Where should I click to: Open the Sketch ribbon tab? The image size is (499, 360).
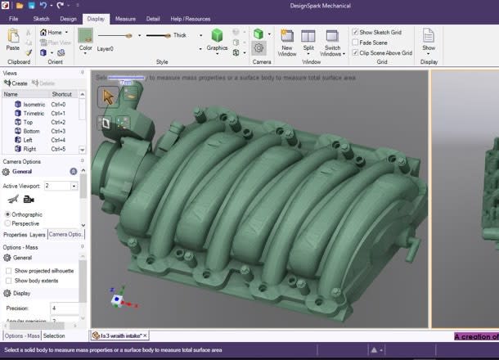click(x=41, y=18)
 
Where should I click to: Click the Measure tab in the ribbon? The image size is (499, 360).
click(x=125, y=18)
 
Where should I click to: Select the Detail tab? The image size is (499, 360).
click(x=153, y=18)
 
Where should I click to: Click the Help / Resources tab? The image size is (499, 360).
click(x=190, y=18)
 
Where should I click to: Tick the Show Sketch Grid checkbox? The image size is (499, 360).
click(x=355, y=32)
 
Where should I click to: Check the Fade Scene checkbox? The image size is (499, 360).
click(x=355, y=42)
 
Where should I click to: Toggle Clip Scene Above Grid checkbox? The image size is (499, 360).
click(x=355, y=52)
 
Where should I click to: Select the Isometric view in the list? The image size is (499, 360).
click(x=34, y=104)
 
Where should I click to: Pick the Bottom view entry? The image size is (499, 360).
click(x=31, y=131)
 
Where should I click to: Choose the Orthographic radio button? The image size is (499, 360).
click(x=8, y=214)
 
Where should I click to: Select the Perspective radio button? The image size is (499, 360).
click(x=8, y=223)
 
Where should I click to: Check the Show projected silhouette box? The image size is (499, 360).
click(x=8, y=270)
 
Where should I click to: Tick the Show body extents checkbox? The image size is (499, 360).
click(x=8, y=281)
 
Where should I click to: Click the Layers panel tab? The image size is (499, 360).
click(x=38, y=235)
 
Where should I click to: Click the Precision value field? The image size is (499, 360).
click(x=64, y=308)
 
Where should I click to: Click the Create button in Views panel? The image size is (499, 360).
click(x=16, y=83)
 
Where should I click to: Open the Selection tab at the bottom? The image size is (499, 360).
click(x=54, y=335)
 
